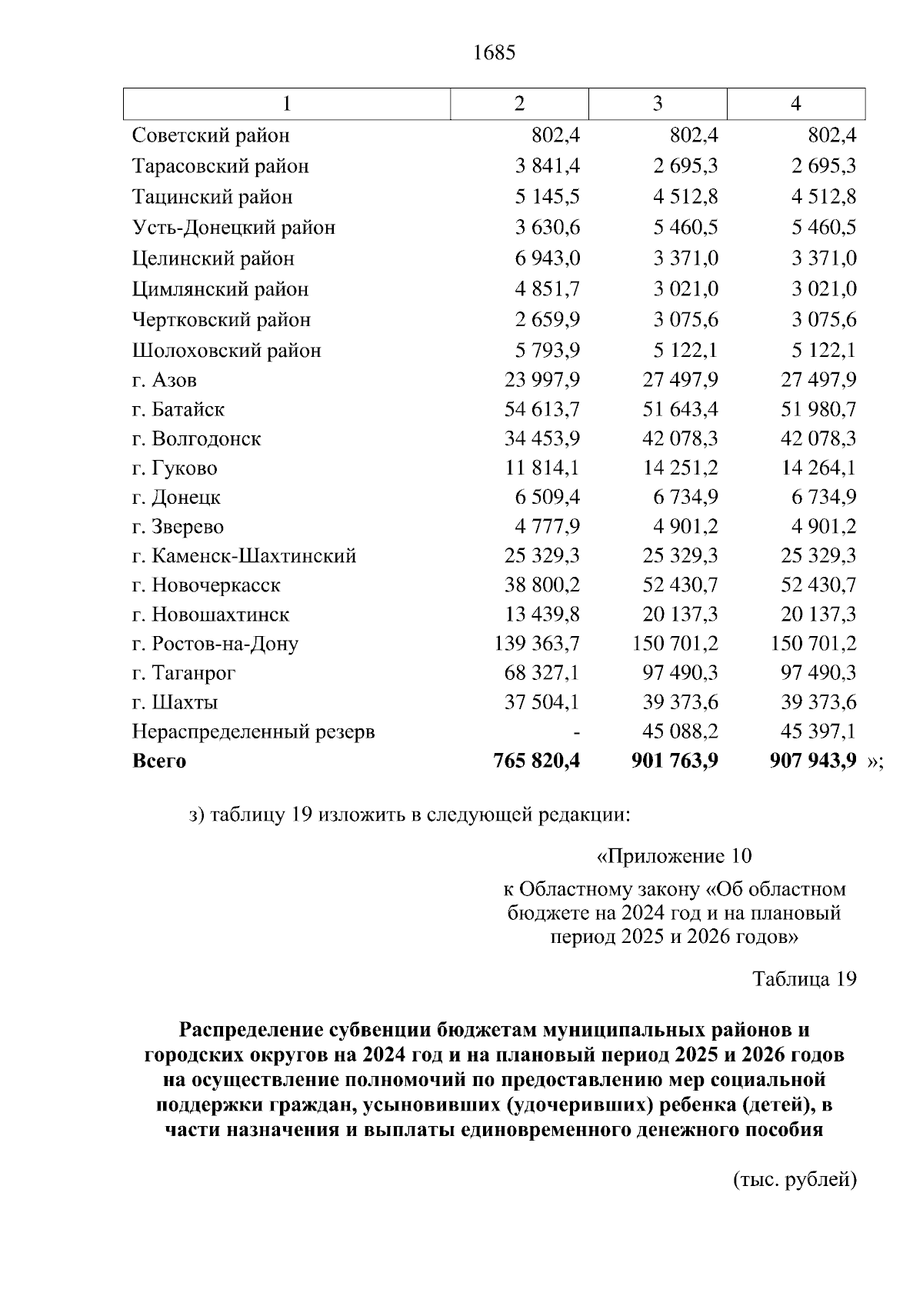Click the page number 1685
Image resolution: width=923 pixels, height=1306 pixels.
tap(495, 53)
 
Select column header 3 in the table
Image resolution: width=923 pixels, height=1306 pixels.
tap(657, 104)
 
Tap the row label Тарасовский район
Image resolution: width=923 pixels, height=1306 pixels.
tap(220, 166)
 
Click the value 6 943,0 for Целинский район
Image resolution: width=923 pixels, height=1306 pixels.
tap(547, 258)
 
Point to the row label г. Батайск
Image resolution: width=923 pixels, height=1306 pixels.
tap(178, 409)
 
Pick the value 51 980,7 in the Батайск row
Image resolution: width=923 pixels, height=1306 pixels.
tap(818, 409)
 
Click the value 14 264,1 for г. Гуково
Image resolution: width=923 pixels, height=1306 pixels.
tap(818, 468)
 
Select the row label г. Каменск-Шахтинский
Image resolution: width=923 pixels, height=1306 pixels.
tap(244, 555)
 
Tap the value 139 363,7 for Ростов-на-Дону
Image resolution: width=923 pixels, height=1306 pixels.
tap(537, 643)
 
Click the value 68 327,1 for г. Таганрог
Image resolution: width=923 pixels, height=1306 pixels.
tap(541, 672)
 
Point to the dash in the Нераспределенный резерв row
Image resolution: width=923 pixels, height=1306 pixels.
tap(575, 731)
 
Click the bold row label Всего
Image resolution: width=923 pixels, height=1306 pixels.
tap(159, 761)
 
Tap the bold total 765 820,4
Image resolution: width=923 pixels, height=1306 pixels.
tap(536, 761)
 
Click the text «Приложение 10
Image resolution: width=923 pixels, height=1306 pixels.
tap(674, 856)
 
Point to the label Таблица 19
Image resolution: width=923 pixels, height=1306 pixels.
tap(804, 979)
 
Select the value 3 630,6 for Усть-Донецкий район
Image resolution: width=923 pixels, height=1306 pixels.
tap(547, 228)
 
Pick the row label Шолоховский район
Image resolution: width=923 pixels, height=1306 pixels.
tap(226, 351)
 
